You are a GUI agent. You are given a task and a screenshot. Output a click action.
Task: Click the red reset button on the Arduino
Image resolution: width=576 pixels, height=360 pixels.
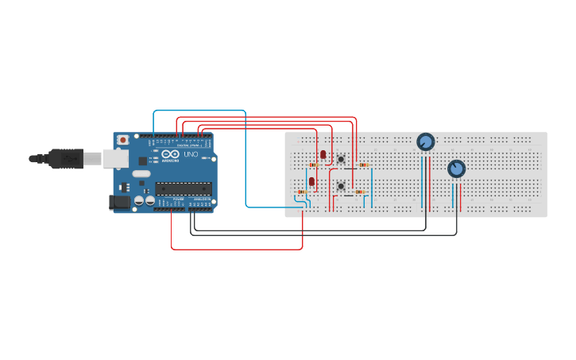click(122, 140)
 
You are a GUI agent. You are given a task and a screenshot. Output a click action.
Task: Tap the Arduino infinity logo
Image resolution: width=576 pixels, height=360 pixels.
click(168, 154)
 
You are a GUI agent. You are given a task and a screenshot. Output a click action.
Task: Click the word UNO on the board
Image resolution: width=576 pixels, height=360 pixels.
click(191, 154)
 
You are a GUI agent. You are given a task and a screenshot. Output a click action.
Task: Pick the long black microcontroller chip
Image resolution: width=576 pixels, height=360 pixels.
click(183, 188)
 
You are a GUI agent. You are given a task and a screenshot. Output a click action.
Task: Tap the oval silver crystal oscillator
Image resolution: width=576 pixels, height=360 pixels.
click(141, 173)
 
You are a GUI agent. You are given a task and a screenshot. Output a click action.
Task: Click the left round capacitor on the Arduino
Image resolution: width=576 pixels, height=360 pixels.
click(139, 202)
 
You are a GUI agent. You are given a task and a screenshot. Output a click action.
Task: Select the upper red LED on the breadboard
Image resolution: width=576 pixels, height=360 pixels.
click(323, 154)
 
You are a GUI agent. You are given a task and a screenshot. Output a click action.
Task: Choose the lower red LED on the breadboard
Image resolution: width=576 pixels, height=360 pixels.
click(311, 182)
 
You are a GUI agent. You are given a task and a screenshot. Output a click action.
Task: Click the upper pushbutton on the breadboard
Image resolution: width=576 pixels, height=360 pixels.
click(341, 160)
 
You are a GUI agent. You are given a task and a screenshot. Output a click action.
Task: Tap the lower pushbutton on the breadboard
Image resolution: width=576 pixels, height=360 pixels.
click(341, 186)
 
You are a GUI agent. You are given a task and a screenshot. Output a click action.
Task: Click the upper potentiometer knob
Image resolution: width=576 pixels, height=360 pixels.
click(426, 142)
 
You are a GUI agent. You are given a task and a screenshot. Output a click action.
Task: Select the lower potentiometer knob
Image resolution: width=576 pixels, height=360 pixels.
click(456, 168)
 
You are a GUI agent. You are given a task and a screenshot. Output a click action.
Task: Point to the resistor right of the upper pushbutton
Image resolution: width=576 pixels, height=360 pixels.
click(364, 165)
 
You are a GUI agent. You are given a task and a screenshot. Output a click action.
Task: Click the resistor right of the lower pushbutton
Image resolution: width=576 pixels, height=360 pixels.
click(360, 192)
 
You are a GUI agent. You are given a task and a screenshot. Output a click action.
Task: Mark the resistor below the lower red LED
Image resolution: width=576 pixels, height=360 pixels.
click(302, 192)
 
